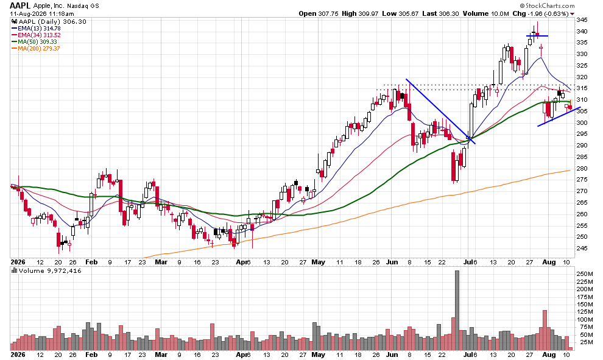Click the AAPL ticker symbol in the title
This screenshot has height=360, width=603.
click(x=20, y=5)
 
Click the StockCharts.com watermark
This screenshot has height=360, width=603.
click(x=547, y=5)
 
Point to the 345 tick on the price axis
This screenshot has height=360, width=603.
click(x=582, y=19)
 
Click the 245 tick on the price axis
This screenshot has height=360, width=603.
click(x=582, y=248)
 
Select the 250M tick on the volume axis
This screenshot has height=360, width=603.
click(x=584, y=274)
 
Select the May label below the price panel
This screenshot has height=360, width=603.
click(x=318, y=263)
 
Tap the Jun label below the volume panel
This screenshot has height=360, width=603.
click(x=392, y=355)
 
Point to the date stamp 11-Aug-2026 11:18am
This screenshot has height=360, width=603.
click(x=42, y=13)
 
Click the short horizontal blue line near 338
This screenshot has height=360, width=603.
click(x=537, y=36)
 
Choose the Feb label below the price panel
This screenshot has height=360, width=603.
click(x=91, y=263)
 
